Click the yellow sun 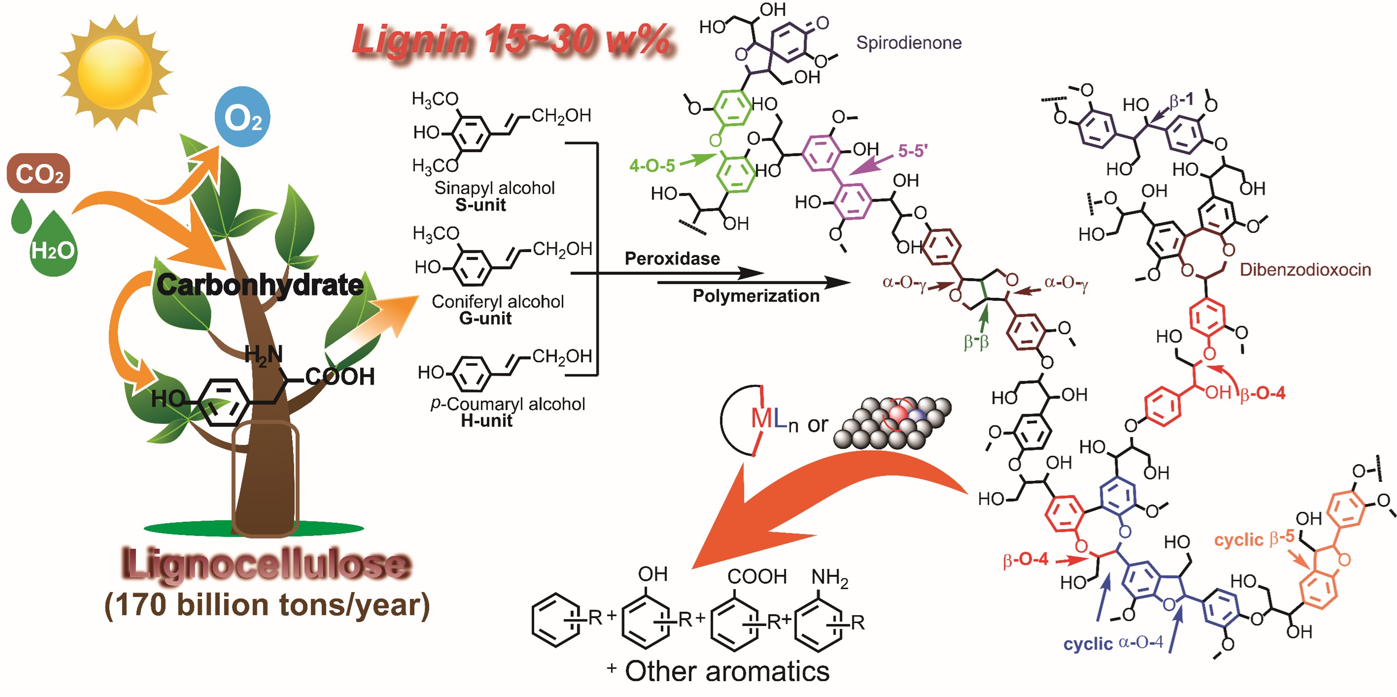(114, 72)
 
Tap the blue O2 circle (242, 117)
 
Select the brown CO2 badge (38, 173)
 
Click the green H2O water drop (53, 247)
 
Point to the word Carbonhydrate (260, 285)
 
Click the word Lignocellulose (266, 564)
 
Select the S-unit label (480, 205)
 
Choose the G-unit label (485, 318)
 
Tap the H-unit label (486, 421)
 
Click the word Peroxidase (672, 259)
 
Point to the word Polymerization (756, 296)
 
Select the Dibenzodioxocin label (1305, 270)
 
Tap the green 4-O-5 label (652, 166)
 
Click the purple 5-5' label (913, 151)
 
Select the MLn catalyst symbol (770, 420)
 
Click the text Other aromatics (727, 671)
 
